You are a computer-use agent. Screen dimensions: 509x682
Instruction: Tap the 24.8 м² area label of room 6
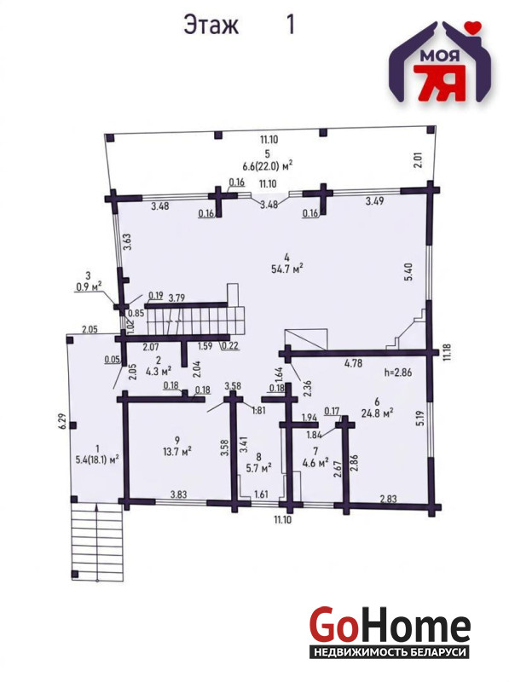click(x=377, y=413)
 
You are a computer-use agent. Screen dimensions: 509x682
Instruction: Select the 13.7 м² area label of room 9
click(x=177, y=452)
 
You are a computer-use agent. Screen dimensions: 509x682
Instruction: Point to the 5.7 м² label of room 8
click(x=259, y=467)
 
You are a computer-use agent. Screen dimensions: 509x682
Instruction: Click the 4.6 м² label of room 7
click(x=315, y=463)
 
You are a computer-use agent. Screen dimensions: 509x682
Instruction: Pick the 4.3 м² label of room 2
click(x=158, y=371)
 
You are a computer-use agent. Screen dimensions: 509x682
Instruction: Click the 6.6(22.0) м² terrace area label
click(x=267, y=165)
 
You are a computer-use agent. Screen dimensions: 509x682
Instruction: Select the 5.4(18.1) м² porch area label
click(x=97, y=459)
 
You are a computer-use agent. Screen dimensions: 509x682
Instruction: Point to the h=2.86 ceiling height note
click(x=398, y=373)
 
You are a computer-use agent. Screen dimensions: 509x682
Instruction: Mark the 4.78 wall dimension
click(x=353, y=363)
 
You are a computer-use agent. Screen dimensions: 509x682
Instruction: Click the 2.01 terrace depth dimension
click(x=418, y=160)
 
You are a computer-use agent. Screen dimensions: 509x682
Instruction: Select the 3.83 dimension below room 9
click(x=178, y=494)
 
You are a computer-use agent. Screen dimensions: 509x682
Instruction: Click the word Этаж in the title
click(x=211, y=25)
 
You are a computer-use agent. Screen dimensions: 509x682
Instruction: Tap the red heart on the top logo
click(x=472, y=27)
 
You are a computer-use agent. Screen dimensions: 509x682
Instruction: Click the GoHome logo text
click(x=390, y=626)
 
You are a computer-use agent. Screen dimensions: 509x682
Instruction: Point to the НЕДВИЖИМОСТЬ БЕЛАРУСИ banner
click(x=390, y=652)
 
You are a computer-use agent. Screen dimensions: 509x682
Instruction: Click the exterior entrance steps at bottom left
click(x=96, y=542)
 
